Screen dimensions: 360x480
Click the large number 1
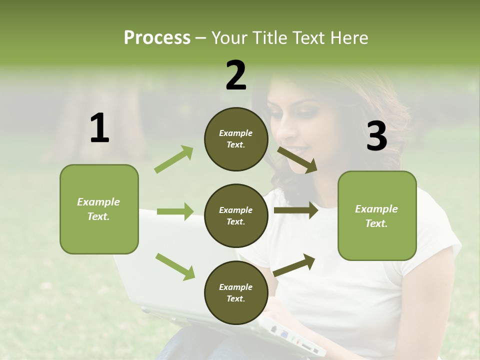pyautogui.click(x=99, y=128)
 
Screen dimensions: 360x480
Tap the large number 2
pyautogui.click(x=236, y=75)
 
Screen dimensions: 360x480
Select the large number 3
pyautogui.click(x=376, y=136)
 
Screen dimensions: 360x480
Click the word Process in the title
pyautogui.click(x=157, y=37)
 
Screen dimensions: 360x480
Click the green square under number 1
pyautogui.click(x=99, y=209)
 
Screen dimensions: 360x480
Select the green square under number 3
pyautogui.click(x=377, y=215)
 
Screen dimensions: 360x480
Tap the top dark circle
pyautogui.click(x=236, y=139)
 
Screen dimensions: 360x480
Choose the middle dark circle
pyautogui.click(x=236, y=215)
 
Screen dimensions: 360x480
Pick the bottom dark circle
pyautogui.click(x=236, y=292)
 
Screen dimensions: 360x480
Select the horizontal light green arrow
pyautogui.click(x=175, y=211)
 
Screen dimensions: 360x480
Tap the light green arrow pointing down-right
pyautogui.click(x=175, y=266)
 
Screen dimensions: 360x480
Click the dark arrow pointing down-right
pyautogui.click(x=297, y=160)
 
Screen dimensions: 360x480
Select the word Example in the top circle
pyautogui.click(x=236, y=133)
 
